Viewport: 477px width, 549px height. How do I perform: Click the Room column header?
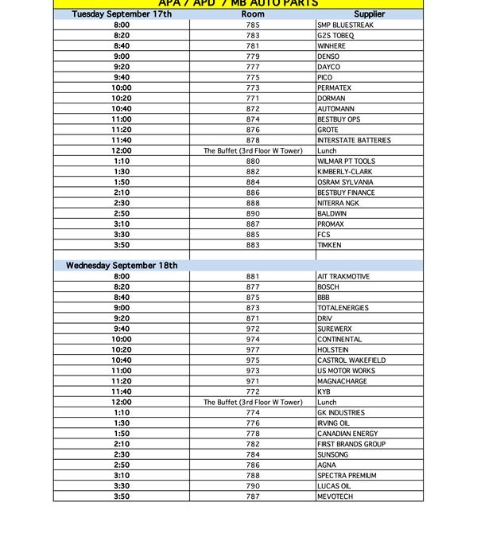(253, 14)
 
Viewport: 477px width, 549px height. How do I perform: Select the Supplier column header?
(369, 14)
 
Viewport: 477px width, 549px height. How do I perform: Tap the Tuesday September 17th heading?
(121, 14)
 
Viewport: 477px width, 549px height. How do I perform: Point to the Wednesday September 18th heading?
(122, 266)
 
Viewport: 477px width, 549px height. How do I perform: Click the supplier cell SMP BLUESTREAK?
(345, 25)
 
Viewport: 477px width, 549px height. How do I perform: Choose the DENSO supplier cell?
(328, 56)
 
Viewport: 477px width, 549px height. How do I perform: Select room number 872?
(253, 109)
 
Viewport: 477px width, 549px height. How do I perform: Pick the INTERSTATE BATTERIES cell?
(354, 140)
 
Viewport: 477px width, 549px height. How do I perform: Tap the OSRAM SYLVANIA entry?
(345, 182)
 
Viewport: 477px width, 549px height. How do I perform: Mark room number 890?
(253, 214)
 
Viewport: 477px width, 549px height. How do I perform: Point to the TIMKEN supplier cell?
(330, 245)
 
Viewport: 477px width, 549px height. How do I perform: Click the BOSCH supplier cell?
(328, 287)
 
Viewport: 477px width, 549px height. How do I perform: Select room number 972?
(253, 329)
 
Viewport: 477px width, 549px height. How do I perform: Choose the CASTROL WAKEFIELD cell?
(351, 360)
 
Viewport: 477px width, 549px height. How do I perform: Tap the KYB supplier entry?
(324, 391)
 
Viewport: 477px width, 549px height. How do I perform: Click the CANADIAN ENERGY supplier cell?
(349, 434)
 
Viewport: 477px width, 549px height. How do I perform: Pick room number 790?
(253, 486)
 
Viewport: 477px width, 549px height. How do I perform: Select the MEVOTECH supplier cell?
(335, 496)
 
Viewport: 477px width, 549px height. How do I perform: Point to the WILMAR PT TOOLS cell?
(347, 162)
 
